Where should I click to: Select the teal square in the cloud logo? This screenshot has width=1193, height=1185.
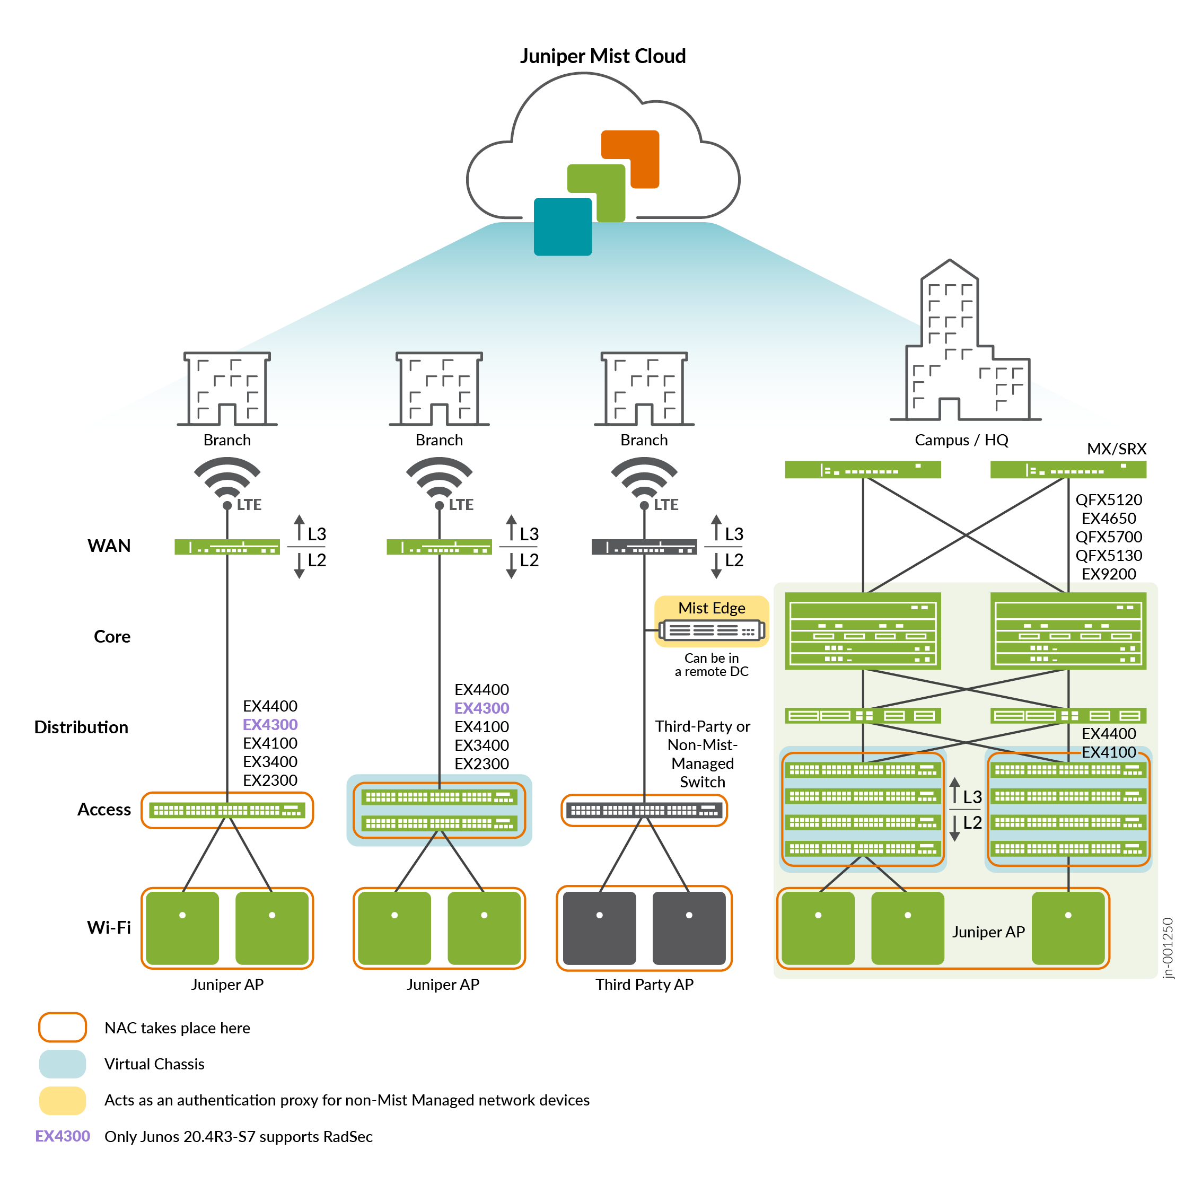click(562, 226)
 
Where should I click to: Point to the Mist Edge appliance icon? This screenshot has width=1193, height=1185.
click(712, 630)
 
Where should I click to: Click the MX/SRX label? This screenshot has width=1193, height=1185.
click(1116, 449)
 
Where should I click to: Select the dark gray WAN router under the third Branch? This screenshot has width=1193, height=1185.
click(644, 547)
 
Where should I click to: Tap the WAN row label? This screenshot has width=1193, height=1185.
click(109, 546)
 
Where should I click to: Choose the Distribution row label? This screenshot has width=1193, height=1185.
click(81, 727)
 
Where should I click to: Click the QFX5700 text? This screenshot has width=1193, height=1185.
click(1108, 537)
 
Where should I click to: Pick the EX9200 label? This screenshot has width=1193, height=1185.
click(1108, 574)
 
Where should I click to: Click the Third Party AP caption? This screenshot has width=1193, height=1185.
click(644, 984)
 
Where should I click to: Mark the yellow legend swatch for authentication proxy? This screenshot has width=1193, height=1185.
click(63, 1100)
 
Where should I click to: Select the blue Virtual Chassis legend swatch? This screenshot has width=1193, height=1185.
click(63, 1064)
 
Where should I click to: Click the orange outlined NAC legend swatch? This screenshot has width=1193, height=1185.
click(63, 1028)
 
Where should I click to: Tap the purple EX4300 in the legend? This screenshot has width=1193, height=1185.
click(63, 1136)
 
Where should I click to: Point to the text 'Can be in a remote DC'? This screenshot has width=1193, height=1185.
click(712, 665)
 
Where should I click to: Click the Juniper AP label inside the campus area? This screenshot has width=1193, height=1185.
click(988, 932)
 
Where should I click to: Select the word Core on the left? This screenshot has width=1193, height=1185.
click(112, 637)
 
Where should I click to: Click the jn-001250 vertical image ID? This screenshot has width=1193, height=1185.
click(1167, 948)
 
